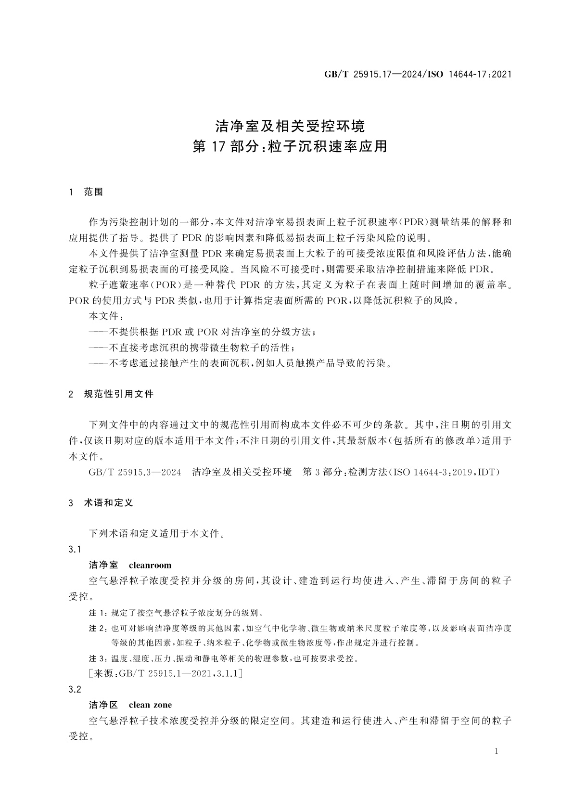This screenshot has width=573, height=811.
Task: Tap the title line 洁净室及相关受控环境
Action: pyautogui.click(x=290, y=126)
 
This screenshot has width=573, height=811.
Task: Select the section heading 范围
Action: pyautogui.click(x=93, y=192)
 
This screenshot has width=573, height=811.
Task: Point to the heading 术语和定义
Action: pyautogui.click(x=108, y=503)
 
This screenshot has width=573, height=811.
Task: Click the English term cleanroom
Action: pyautogui.click(x=150, y=565)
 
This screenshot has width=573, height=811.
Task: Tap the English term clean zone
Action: pyautogui.click(x=150, y=705)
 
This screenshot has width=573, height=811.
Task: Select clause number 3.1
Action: pyautogui.click(x=75, y=550)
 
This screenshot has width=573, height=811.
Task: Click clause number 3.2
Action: pyautogui.click(x=75, y=690)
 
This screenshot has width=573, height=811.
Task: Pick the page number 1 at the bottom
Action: pyautogui.click(x=496, y=752)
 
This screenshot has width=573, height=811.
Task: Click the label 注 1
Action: pyautogui.click(x=98, y=613)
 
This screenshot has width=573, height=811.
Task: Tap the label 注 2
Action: pyautogui.click(x=98, y=629)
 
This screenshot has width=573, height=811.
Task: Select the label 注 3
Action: pyautogui.click(x=98, y=658)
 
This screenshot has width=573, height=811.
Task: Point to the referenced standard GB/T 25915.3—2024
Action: pyautogui.click(x=135, y=472)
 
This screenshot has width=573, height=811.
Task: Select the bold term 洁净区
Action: pyautogui.click(x=103, y=705)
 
